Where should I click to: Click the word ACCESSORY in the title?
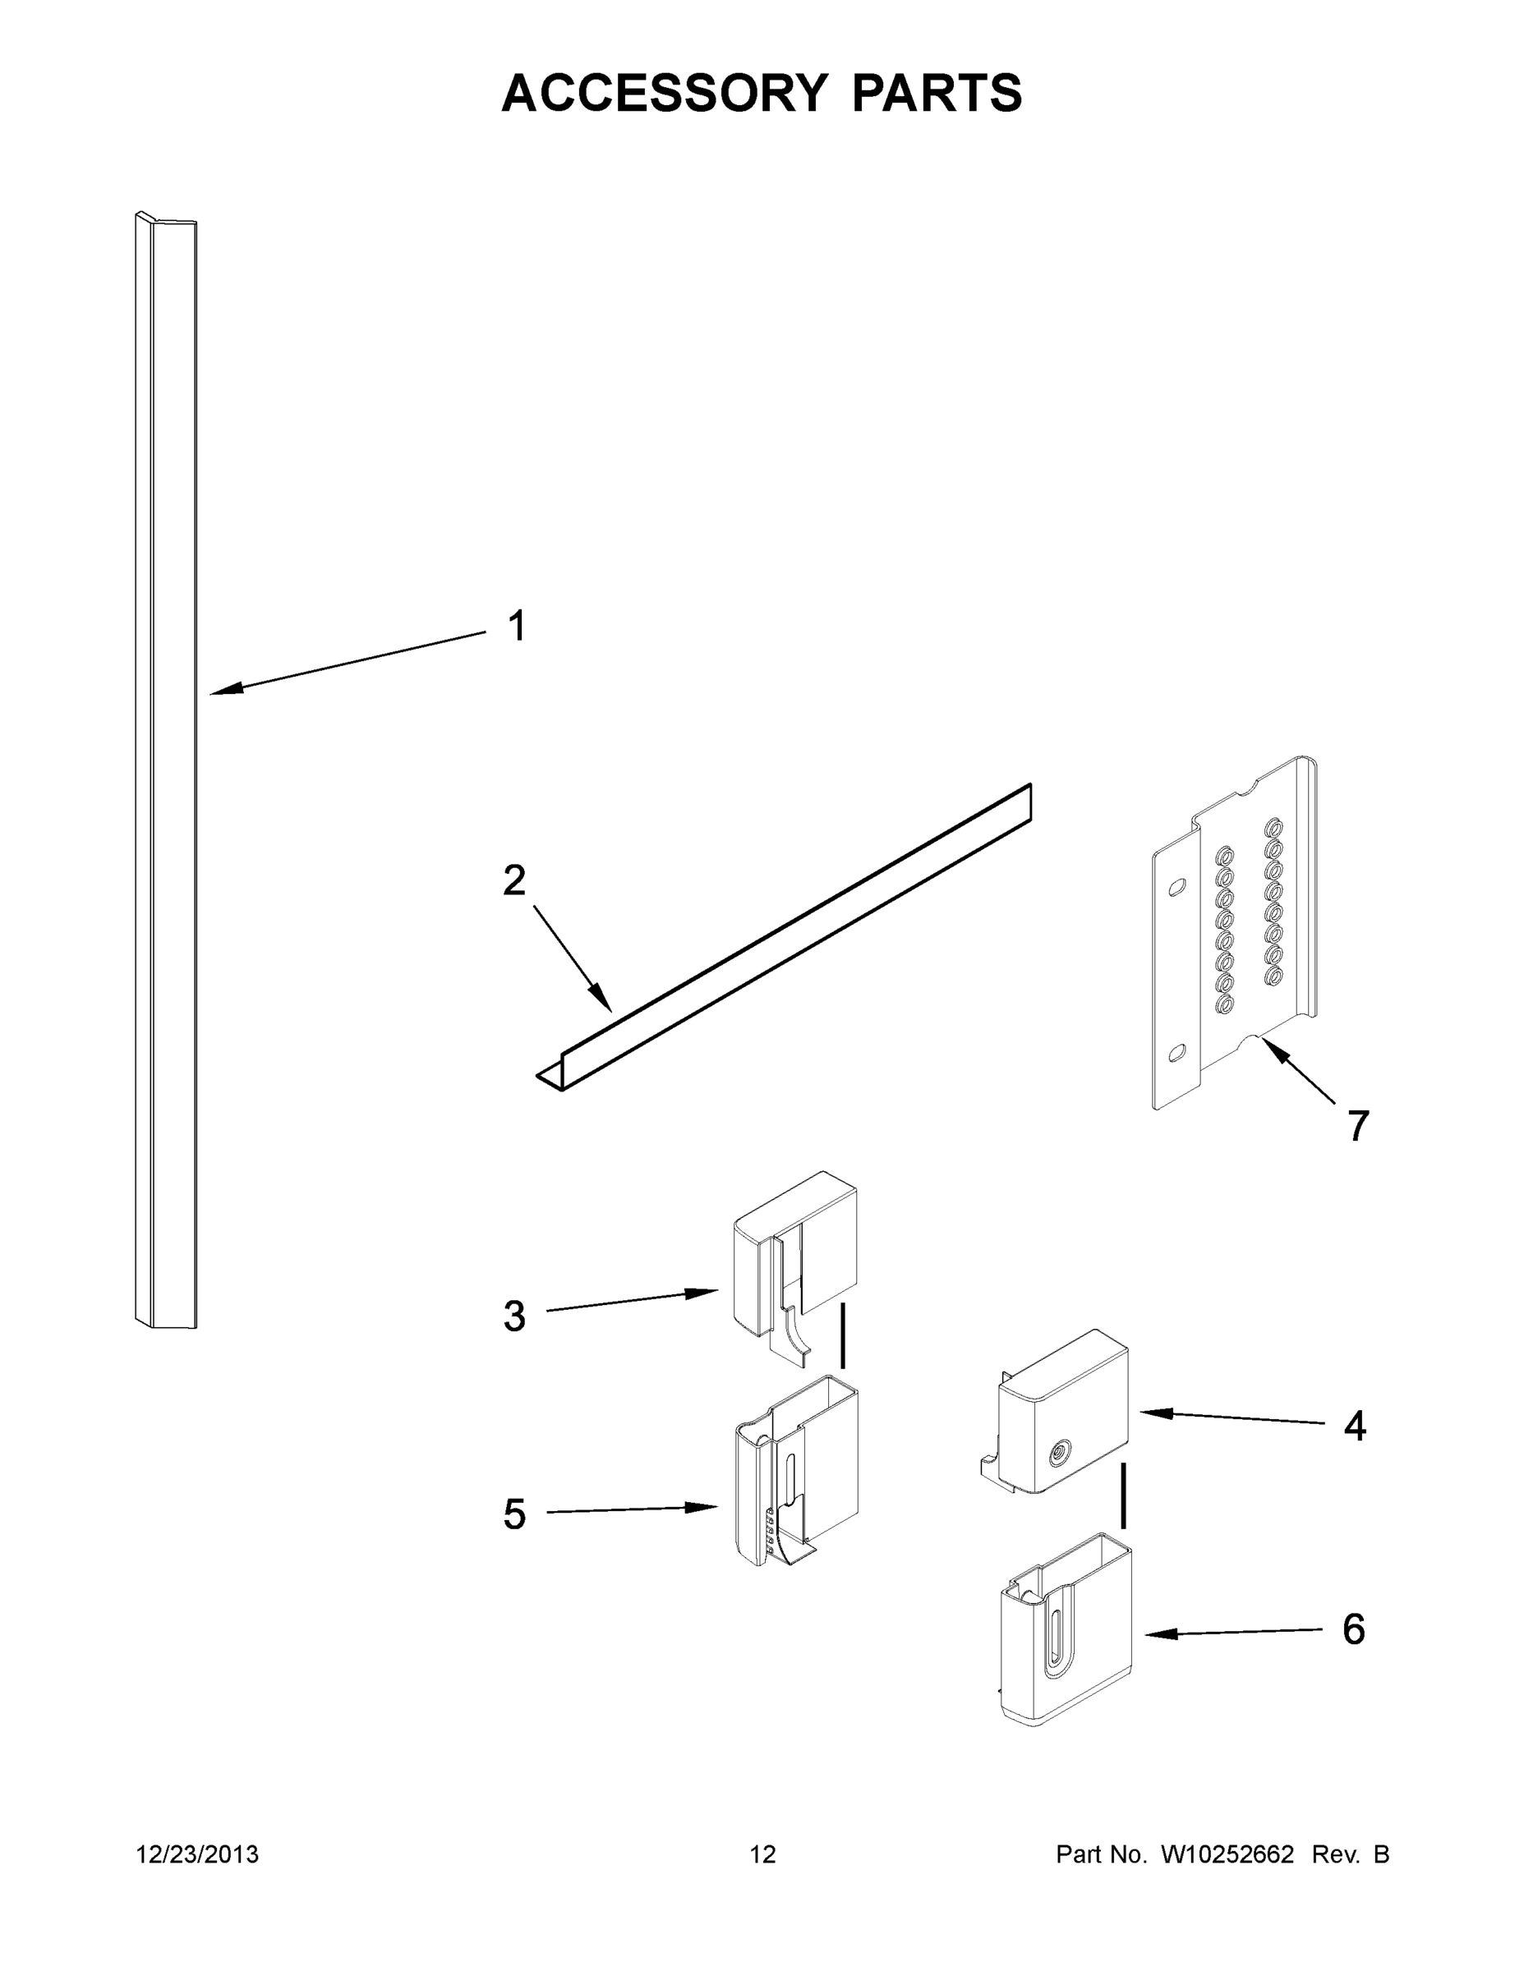[x=665, y=93]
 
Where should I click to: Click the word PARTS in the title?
[x=937, y=93]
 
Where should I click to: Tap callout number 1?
[x=517, y=627]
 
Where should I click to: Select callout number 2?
[x=513, y=881]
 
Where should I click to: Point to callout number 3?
[x=513, y=1316]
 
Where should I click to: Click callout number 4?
[x=1354, y=1426]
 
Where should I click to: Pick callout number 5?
[x=513, y=1514]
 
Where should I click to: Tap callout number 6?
[x=1353, y=1629]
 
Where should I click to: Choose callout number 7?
[x=1358, y=1125]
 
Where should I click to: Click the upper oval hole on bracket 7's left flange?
[x=1176, y=888]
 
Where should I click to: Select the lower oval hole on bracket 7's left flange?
[x=1176, y=1052]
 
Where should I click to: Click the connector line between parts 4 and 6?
[x=1123, y=1496]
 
